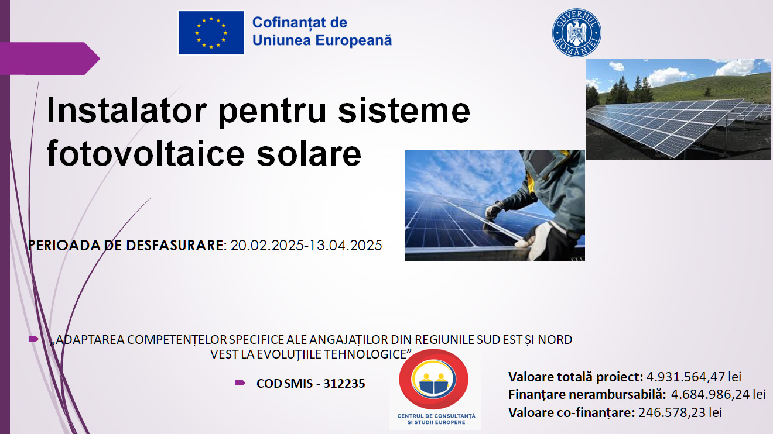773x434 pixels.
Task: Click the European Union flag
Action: (x=211, y=33)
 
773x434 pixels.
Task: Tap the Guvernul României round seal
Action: (x=576, y=33)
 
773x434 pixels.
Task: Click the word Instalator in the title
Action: (x=126, y=111)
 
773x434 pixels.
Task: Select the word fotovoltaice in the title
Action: (x=146, y=153)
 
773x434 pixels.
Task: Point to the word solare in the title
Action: (x=309, y=154)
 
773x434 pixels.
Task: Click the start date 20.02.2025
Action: (x=267, y=246)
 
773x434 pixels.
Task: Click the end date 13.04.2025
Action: (x=346, y=246)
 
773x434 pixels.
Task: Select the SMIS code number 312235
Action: (x=344, y=384)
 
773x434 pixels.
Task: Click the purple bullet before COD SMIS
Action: (x=240, y=383)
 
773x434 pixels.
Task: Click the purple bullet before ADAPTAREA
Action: (x=33, y=339)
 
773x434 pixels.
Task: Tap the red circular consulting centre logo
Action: (x=434, y=379)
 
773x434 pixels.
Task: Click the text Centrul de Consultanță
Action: (x=436, y=416)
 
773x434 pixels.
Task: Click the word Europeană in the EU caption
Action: (x=354, y=40)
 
